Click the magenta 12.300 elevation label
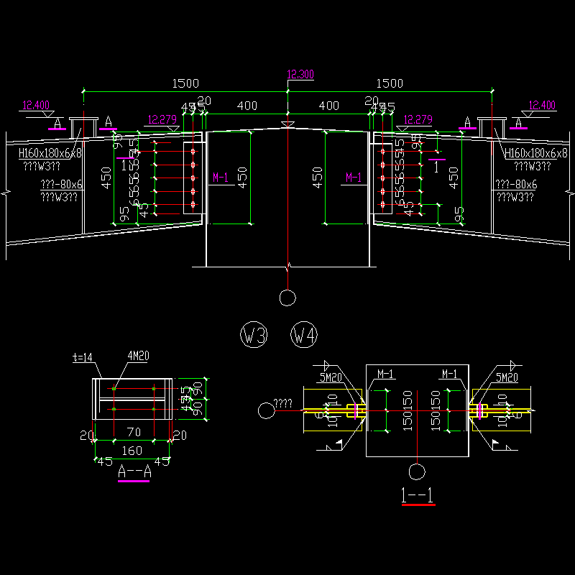pos(300,75)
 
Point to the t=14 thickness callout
pos(84,356)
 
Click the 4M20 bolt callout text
pos(138,356)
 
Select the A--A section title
pos(133,471)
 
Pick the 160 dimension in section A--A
pos(132,451)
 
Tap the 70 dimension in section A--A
pos(133,433)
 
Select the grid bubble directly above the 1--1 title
pos(416,471)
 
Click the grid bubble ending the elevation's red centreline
pos(287,297)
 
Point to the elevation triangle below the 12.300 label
pos(287,126)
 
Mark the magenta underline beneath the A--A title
pos(133,482)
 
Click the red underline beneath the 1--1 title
pos(419,505)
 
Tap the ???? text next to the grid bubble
pos(285,404)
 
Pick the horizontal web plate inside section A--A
pos(133,399)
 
